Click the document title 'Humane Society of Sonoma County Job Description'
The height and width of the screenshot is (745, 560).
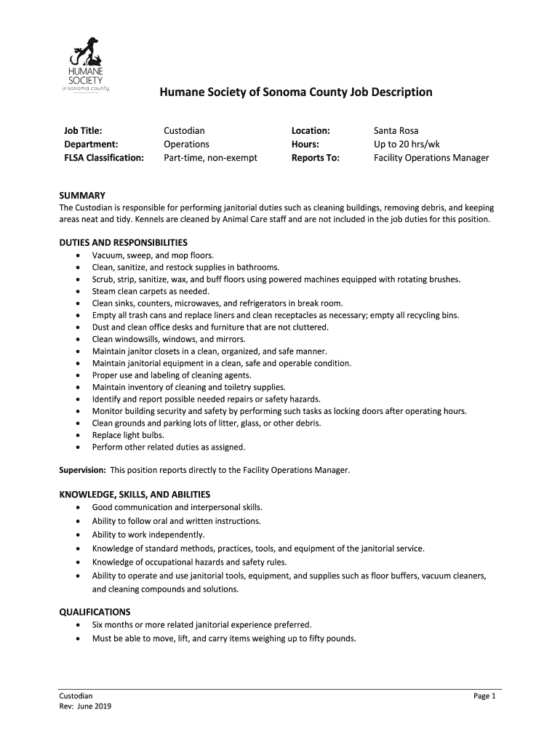296,92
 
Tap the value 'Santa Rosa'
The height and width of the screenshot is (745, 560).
396,131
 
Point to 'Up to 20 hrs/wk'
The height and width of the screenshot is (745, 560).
407,144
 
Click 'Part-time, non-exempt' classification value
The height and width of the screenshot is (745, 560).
210,157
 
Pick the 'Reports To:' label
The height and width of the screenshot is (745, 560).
316,157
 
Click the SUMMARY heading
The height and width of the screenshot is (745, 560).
82,196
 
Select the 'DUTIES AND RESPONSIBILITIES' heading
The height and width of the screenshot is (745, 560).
123,242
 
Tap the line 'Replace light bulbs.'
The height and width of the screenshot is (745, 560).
128,435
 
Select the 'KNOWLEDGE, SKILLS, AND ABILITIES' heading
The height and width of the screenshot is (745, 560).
135,494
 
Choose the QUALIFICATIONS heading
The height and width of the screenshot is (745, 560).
95,612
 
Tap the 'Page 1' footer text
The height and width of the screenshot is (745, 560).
484,696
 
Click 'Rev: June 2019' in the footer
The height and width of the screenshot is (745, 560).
85,706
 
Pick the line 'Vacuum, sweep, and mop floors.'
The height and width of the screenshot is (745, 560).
153,255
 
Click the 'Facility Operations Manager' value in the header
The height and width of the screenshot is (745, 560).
431,157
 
